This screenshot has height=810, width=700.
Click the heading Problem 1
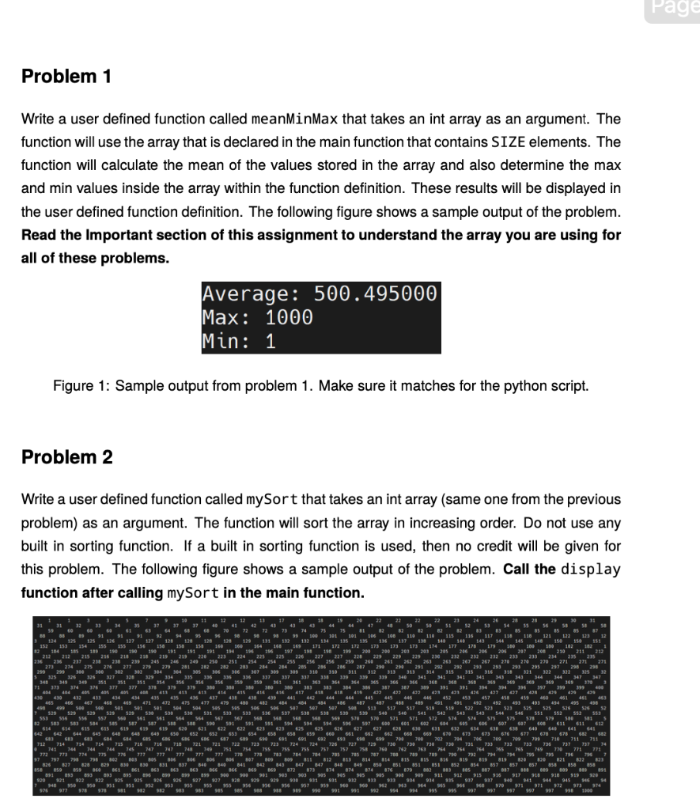pyautogui.click(x=66, y=77)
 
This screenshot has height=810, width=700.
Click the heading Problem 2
pyautogui.click(x=66, y=457)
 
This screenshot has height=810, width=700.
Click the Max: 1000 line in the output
pyautogui.click(x=258, y=318)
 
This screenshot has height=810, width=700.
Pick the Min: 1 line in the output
pyautogui.click(x=239, y=342)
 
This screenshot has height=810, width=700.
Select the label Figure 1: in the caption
pyautogui.click(x=81, y=386)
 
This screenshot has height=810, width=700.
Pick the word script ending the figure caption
pyautogui.click(x=571, y=386)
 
